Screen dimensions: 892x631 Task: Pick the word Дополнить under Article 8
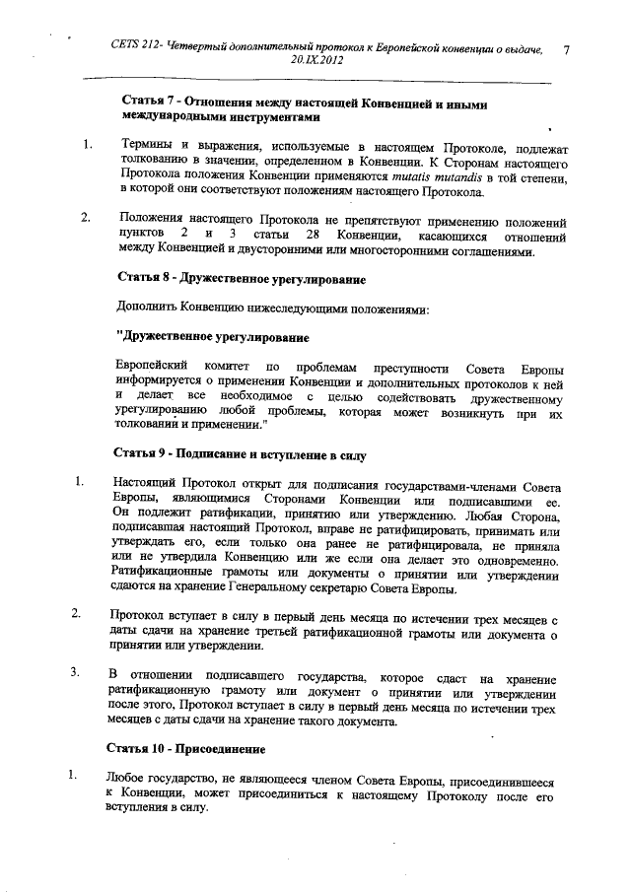(x=151, y=309)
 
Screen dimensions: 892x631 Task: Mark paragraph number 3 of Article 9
(x=73, y=675)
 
